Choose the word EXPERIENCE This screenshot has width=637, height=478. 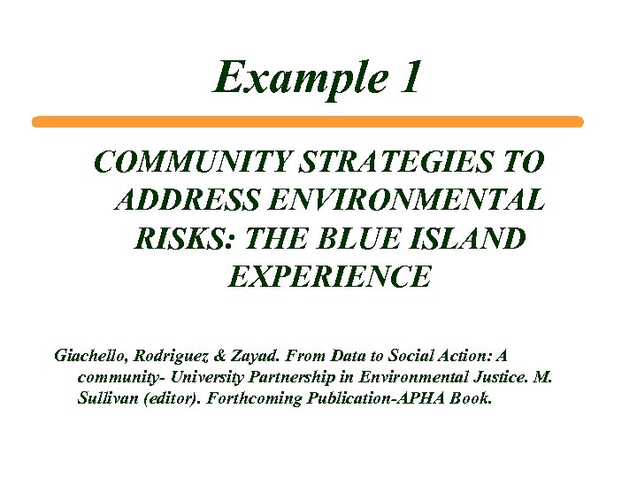(x=329, y=277)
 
